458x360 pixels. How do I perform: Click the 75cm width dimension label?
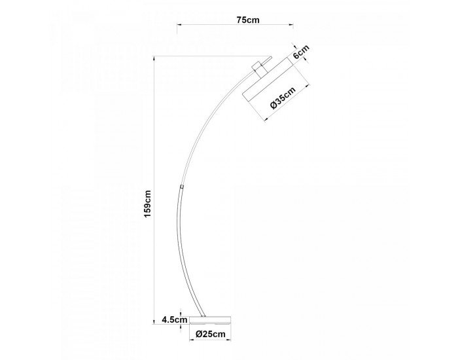click(248, 20)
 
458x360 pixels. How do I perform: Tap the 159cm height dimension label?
click(148, 204)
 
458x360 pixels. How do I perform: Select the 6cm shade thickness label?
click(301, 52)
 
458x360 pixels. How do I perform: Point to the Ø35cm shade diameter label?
click(283, 98)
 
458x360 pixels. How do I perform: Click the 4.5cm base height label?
click(175, 319)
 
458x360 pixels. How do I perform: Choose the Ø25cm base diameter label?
click(211, 334)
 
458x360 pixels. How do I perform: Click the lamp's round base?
click(210, 320)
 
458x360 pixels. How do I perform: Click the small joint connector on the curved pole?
click(182, 186)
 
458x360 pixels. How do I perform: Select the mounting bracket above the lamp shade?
click(259, 69)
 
